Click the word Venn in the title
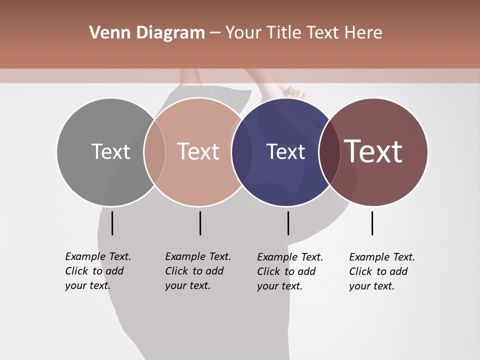pos(105,33)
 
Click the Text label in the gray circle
pos(110,151)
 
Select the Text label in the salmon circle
pos(198,151)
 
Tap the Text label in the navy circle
pos(285,151)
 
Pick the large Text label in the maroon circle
pos(373,151)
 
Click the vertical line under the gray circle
pos(112,223)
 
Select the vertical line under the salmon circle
pos(200,223)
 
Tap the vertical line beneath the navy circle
pos(288,223)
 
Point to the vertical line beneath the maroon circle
pos(372,223)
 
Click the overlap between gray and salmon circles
pos(154,151)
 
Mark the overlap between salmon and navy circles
pos(242,151)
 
